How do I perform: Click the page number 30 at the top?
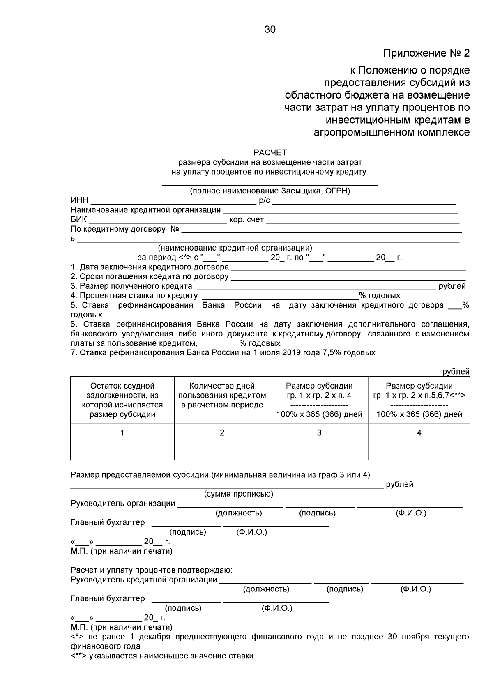pos(270,30)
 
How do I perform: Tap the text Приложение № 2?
pos(426,53)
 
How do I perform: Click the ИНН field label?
pos(79,201)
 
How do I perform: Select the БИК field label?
pos(78,220)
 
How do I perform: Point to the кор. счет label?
pos(246,220)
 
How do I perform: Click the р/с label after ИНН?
pos(264,201)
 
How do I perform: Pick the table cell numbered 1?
pos(122,432)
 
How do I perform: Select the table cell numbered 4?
pos(419,432)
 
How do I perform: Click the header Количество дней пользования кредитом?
pos(222,396)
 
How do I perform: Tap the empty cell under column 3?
pos(319,451)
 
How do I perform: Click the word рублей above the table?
pos(456,372)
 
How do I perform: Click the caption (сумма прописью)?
pos(239,494)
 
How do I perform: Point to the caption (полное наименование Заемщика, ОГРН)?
pos(270,191)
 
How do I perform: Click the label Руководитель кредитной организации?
pos(144,580)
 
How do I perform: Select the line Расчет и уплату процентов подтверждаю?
pos(151,570)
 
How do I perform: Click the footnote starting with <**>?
pos(162,656)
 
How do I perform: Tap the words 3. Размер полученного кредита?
pos(131,286)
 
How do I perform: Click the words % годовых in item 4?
pos(380,296)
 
